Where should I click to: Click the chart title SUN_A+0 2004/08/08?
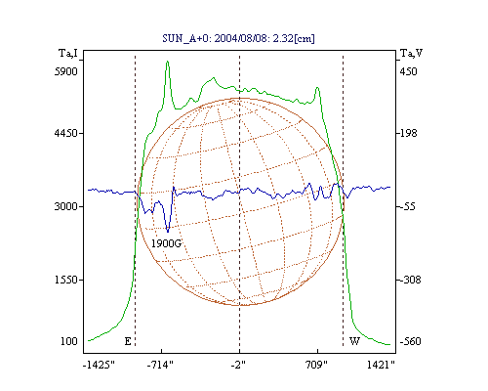[x=238, y=38]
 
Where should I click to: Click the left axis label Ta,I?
[x=68, y=53]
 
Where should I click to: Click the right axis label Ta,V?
[x=411, y=53]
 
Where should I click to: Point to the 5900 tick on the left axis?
[x=66, y=71]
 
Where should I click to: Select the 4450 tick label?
[x=66, y=133]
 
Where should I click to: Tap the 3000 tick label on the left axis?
[x=66, y=206]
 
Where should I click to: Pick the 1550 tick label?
[x=66, y=280]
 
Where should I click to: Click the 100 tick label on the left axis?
[x=69, y=341]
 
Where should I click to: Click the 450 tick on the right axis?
[x=408, y=71]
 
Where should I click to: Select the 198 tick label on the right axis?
[x=408, y=133]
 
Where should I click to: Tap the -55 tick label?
[x=408, y=206]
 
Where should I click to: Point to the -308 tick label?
[x=410, y=280]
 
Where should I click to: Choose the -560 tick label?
[x=410, y=341]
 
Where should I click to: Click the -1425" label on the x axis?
[x=99, y=365]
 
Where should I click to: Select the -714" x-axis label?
[x=160, y=365]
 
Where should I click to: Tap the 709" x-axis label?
[x=316, y=365]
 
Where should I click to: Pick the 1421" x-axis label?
[x=381, y=365]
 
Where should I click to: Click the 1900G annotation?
[x=166, y=243]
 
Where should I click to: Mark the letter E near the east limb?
[x=128, y=341]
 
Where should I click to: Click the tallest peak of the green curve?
[x=168, y=62]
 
